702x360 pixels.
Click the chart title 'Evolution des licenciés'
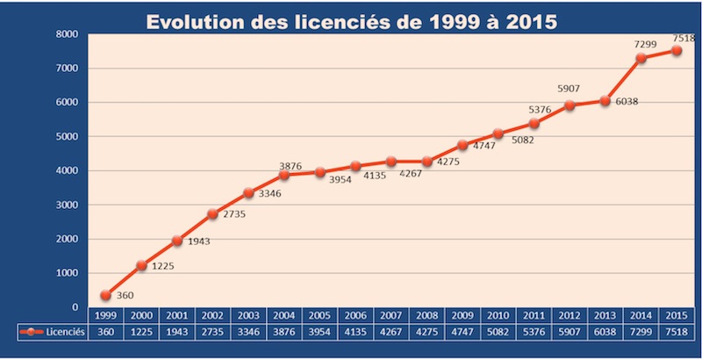coord(351,22)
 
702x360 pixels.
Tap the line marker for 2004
coord(284,175)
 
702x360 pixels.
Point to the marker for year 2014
coord(641,58)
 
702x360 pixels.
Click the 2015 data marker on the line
coord(677,50)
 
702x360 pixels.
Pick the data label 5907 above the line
coord(569,90)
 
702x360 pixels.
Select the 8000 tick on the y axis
coord(67,34)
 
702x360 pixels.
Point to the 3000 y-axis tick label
coord(67,205)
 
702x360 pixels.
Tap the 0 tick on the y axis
coord(75,307)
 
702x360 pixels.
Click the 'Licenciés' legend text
coord(65,332)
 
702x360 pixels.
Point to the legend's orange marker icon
coord(32,332)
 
